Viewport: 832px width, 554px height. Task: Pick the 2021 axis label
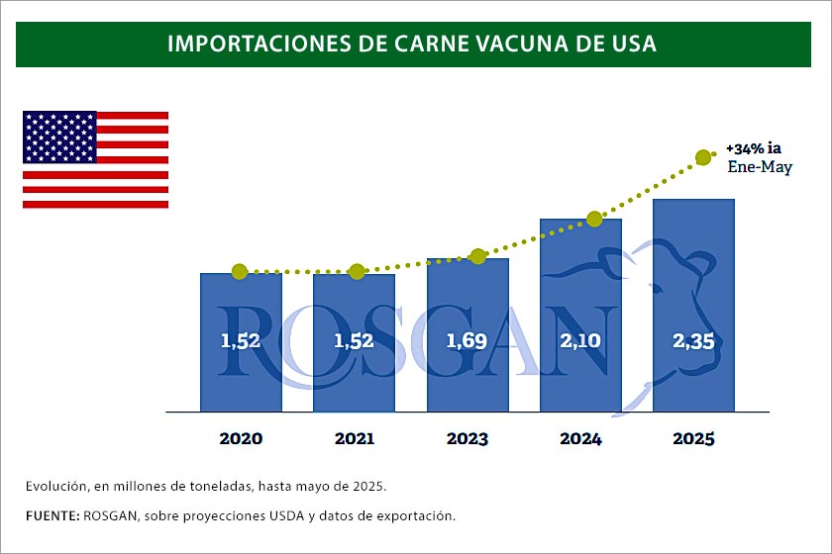[354, 438]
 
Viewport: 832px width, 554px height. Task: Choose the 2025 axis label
[693, 438]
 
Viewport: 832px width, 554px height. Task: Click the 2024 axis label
[580, 438]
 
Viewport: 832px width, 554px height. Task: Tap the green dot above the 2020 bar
[239, 271]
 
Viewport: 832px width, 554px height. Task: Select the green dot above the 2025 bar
[703, 156]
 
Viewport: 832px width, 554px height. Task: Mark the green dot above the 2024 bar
[594, 219]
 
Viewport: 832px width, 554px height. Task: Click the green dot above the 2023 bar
[478, 256]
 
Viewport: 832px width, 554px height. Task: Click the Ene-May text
[760, 167]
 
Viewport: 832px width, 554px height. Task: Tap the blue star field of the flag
[59, 137]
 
